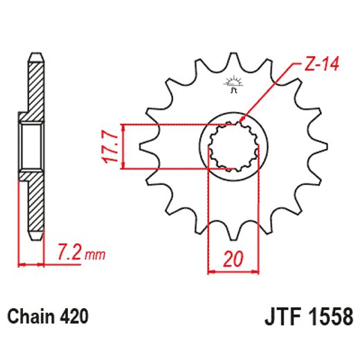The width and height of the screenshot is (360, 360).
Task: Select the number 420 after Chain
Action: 74,318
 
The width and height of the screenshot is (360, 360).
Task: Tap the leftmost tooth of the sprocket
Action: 147,147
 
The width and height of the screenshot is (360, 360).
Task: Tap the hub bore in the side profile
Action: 31,146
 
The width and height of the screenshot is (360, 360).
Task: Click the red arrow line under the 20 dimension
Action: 233,271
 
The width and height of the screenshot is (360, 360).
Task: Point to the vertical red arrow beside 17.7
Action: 123,147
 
